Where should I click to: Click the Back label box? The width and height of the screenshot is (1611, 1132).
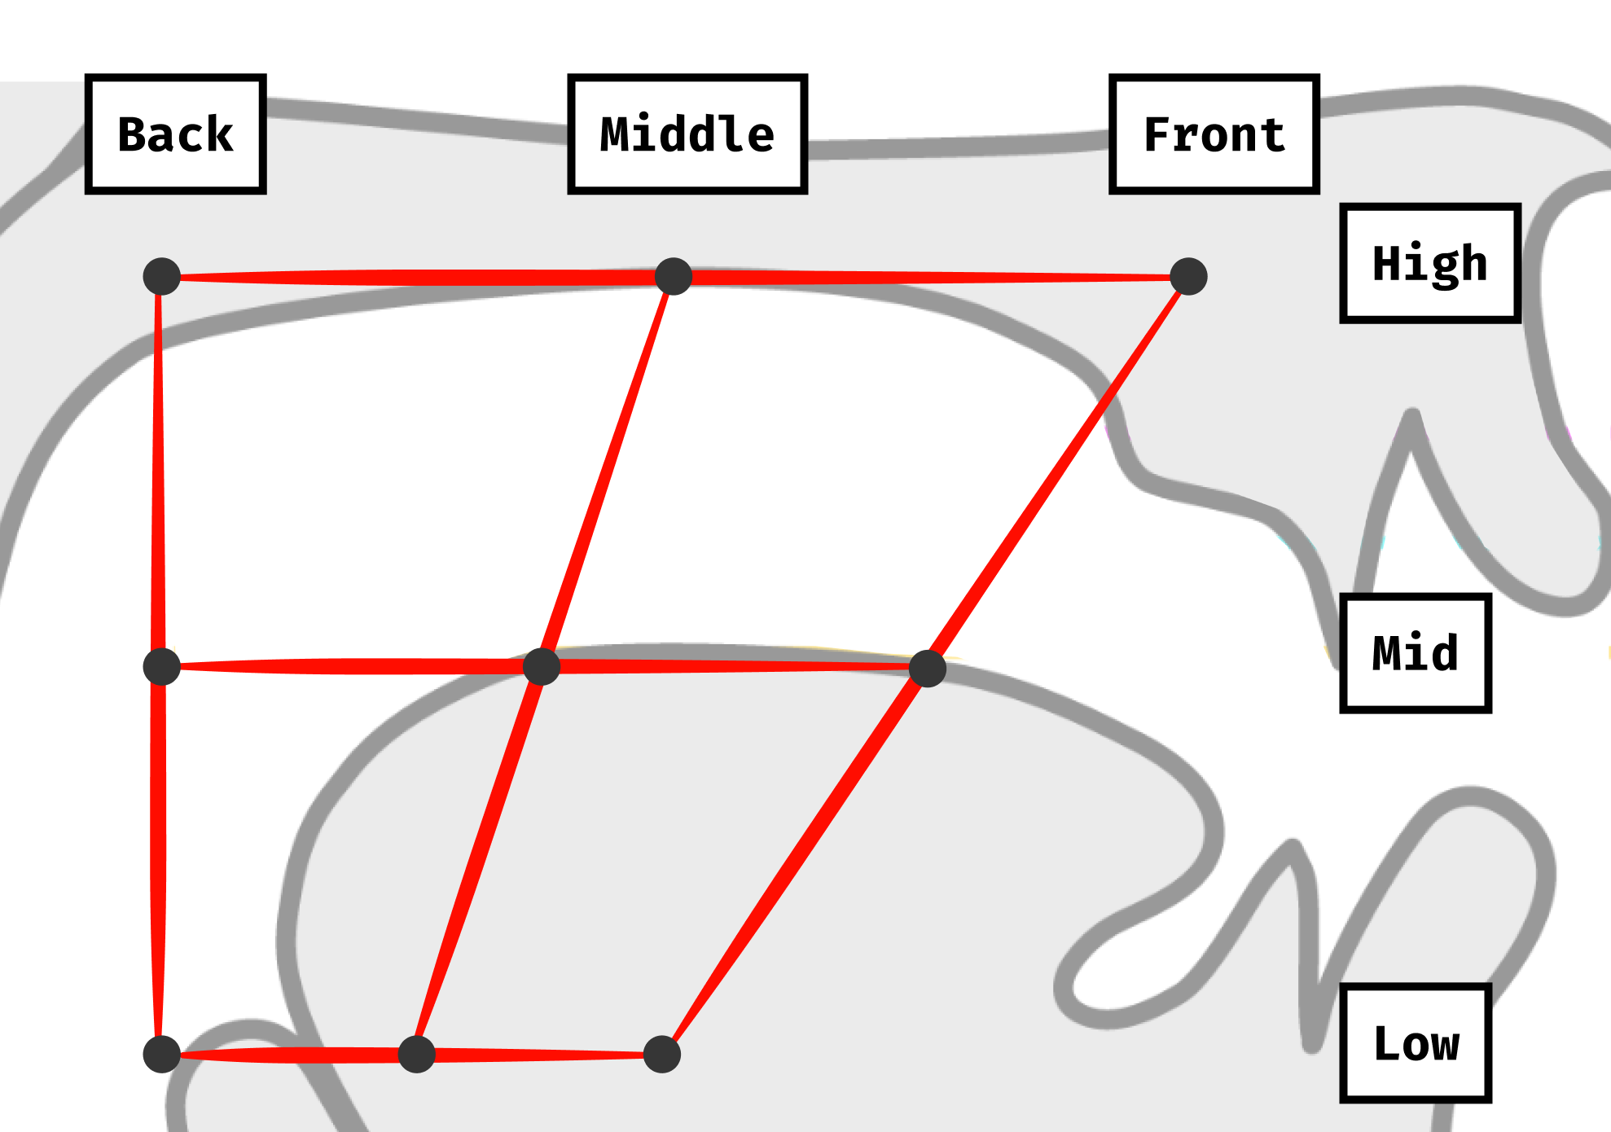coord(176,134)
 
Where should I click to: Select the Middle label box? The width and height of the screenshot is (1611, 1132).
coord(687,134)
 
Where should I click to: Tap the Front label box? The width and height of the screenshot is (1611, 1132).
coord(1214,134)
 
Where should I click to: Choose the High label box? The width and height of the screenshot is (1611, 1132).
coord(1430,263)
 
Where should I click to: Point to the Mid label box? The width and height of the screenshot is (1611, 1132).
coord(1416,653)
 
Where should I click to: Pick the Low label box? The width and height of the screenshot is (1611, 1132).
coord(1416,1043)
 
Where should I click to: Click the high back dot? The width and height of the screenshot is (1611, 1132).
coord(162,277)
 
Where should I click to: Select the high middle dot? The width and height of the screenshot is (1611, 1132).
coord(674,277)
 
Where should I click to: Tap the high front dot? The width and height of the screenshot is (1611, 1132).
coord(1188,277)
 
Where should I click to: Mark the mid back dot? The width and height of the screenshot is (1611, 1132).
coord(162,667)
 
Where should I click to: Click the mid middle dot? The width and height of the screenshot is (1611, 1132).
coord(542,667)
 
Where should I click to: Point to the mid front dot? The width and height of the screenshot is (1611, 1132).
coord(927,669)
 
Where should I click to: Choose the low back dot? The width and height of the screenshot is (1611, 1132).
coord(162,1055)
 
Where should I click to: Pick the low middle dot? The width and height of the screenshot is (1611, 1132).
coord(417,1055)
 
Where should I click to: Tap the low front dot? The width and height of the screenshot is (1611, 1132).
coord(662,1055)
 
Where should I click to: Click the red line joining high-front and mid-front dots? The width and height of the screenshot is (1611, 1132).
coord(1057,473)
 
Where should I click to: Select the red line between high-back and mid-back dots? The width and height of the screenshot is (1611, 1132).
coord(159,472)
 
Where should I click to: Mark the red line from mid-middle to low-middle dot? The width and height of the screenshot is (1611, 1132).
coord(479,861)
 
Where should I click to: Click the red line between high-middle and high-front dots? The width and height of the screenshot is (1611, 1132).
coord(931,278)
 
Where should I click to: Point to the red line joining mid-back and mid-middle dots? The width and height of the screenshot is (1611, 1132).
coord(352,667)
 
